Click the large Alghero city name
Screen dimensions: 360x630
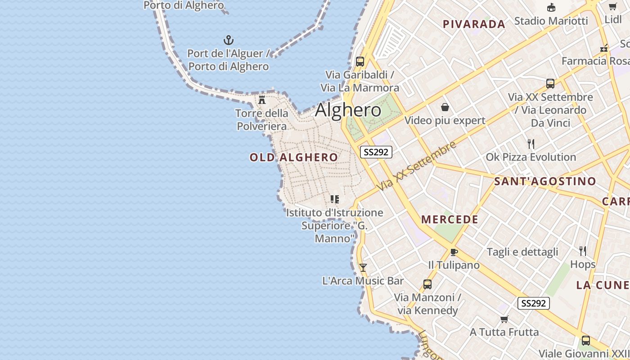(x=348, y=110)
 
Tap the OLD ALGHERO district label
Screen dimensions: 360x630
(x=293, y=157)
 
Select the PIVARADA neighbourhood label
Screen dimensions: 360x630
(x=474, y=24)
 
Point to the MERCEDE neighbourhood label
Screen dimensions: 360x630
(x=450, y=220)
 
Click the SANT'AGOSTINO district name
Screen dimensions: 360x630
(x=545, y=181)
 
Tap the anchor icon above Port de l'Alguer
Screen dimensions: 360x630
(x=229, y=40)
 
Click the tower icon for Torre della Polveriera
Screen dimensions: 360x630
(x=262, y=99)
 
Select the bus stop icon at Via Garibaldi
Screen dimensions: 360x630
(x=360, y=61)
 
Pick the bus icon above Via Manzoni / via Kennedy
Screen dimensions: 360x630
(x=427, y=284)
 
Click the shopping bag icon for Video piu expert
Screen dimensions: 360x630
(x=445, y=107)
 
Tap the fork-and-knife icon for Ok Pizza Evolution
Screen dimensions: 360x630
(x=531, y=144)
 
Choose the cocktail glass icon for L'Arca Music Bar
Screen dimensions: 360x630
(x=363, y=268)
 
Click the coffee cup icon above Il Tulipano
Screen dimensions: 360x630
(x=454, y=252)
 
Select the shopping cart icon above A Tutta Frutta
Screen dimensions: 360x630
(x=504, y=319)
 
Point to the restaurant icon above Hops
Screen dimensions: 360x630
(x=583, y=251)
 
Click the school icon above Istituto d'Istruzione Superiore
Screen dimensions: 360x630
(x=334, y=199)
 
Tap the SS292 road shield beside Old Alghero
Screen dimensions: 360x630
(x=376, y=152)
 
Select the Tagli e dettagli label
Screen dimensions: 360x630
(x=522, y=252)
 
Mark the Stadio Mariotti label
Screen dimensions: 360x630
(x=551, y=21)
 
